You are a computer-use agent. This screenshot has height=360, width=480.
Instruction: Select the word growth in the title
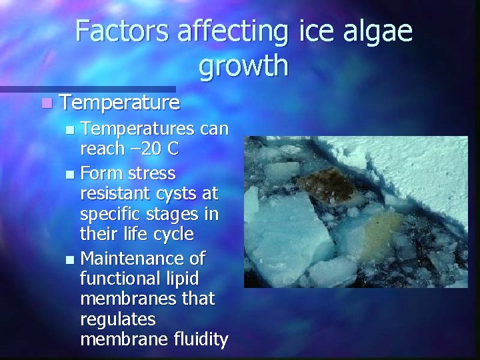click(243, 66)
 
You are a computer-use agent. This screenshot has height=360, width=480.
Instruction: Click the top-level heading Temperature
click(119, 103)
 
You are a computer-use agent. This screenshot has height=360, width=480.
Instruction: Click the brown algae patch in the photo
click(325, 179)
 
